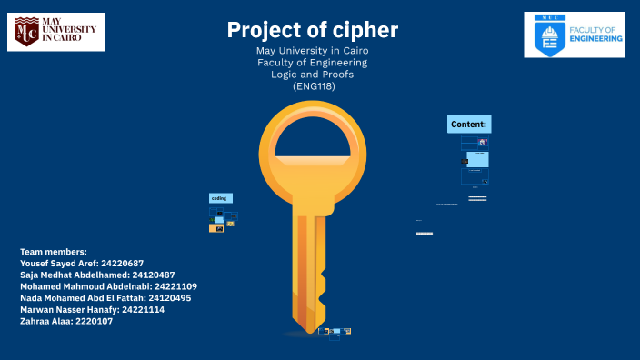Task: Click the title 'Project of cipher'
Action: [x=313, y=30]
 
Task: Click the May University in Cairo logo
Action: [x=56, y=32]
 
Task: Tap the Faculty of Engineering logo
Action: [x=574, y=35]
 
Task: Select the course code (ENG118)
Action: [x=313, y=86]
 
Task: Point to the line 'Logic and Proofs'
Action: [x=313, y=75]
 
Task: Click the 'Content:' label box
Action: [x=469, y=124]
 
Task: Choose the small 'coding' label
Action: [x=220, y=198]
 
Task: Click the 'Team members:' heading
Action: [x=54, y=251]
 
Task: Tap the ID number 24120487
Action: [x=154, y=275]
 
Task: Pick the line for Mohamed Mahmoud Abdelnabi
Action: [x=108, y=286]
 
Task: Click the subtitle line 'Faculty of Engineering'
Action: [x=313, y=63]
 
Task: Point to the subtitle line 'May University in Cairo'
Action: [x=313, y=51]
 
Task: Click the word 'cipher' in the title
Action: [x=364, y=30]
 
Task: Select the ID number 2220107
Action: [x=95, y=322]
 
